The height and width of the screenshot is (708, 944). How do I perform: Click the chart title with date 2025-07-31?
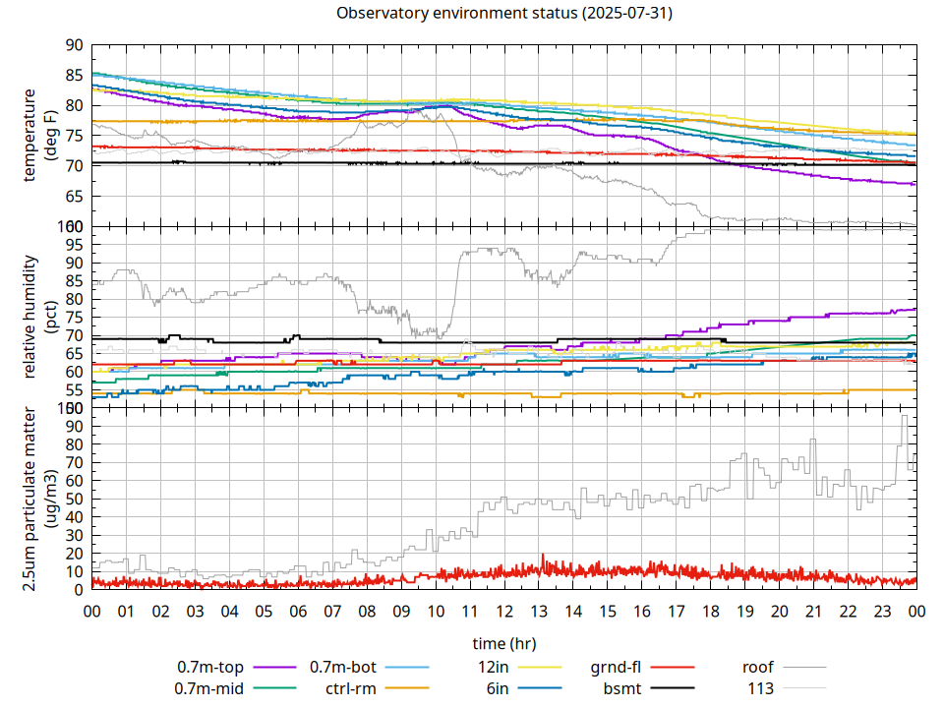(503, 14)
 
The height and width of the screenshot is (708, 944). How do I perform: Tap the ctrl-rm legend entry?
(350, 687)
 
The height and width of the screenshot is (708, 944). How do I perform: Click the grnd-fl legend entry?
(617, 668)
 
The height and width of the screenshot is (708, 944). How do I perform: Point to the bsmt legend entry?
(622, 687)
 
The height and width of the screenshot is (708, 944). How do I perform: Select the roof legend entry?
(758, 668)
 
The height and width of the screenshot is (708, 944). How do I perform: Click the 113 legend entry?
(761, 687)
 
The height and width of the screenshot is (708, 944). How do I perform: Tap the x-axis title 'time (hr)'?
(503, 643)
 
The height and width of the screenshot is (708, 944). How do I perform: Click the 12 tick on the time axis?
(503, 612)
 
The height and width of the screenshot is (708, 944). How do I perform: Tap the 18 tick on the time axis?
(710, 612)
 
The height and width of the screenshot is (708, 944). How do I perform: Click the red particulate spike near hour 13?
(542, 557)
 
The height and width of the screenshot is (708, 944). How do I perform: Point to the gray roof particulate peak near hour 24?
(905, 417)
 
